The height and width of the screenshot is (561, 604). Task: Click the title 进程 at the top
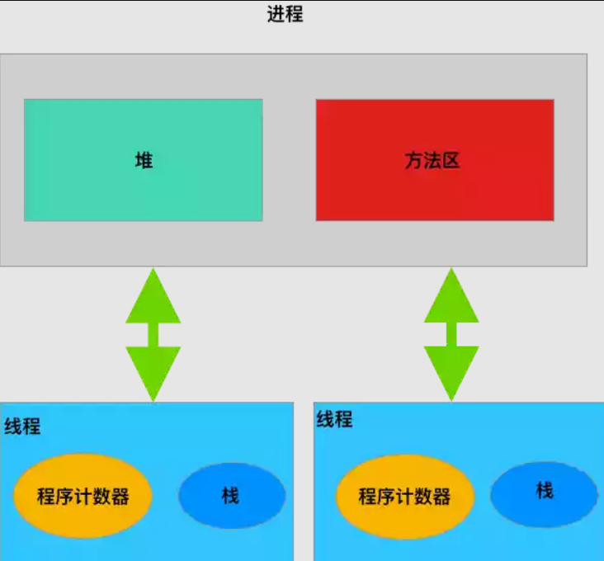pos(285,14)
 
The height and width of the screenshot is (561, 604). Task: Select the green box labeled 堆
pos(144,160)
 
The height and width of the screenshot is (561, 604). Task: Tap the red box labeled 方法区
pos(435,160)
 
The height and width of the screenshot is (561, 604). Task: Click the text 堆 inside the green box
pos(144,160)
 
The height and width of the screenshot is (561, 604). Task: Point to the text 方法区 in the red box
pos(432,160)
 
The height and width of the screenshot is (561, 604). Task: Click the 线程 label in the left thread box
pos(22,427)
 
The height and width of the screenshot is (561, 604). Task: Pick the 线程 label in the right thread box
pos(334,419)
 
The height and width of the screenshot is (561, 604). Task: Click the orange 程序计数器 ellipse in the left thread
pos(83,496)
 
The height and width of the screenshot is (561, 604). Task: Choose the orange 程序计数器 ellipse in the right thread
pos(405,497)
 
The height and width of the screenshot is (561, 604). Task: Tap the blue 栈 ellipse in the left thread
pos(232,496)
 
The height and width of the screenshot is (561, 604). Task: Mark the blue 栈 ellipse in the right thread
pos(545,494)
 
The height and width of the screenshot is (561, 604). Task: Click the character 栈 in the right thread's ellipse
pos(545,491)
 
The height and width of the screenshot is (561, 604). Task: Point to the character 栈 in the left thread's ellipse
pos(230,496)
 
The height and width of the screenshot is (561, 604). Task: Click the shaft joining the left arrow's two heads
pos(153,335)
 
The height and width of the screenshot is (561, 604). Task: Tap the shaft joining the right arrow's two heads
pos(451,334)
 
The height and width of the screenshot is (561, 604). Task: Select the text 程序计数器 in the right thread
pos(404,497)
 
